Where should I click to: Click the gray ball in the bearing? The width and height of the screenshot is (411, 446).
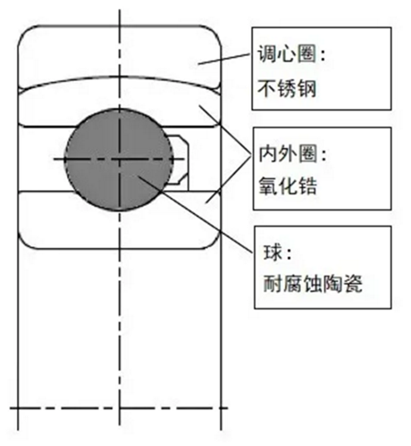[119, 160]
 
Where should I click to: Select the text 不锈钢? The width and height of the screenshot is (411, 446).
[287, 88]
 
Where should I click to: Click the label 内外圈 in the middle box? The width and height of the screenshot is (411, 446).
[288, 153]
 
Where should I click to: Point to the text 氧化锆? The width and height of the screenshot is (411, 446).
[288, 186]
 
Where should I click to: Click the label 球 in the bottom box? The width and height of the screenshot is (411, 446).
[273, 252]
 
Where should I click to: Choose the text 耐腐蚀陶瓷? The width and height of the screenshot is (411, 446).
[313, 284]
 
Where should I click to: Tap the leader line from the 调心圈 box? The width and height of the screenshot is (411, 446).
[224, 59]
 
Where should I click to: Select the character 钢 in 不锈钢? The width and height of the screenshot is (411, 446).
[306, 88]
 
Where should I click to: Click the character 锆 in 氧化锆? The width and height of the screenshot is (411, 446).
[307, 186]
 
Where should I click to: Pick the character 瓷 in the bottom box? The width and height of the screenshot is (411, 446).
[353, 284]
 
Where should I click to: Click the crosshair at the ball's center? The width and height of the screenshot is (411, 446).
[120, 160]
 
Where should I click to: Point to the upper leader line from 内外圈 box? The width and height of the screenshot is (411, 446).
[225, 129]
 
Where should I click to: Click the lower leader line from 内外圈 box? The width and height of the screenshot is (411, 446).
[229, 179]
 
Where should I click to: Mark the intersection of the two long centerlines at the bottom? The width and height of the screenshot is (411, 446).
[120, 408]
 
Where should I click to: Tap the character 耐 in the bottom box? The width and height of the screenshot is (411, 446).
[273, 284]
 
